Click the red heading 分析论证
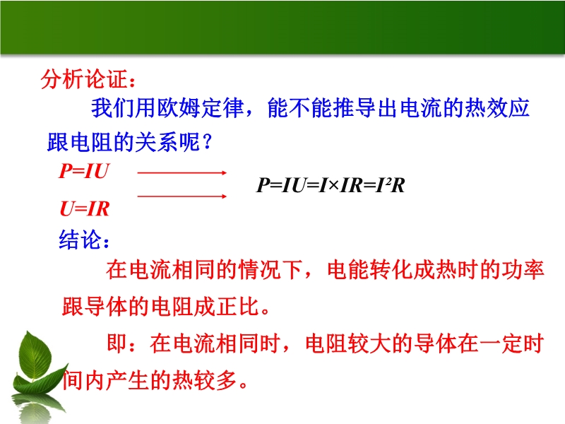84,79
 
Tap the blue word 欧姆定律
201,108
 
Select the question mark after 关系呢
207,142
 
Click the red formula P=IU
83,170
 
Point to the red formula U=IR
84,208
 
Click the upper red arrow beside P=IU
182,173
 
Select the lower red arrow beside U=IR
182,196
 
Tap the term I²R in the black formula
390,185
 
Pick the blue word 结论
81,240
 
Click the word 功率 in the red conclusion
522,269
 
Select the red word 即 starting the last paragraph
117,343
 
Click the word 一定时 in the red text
511,343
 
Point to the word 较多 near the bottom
215,380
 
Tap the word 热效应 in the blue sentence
497,108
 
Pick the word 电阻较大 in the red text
348,343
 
